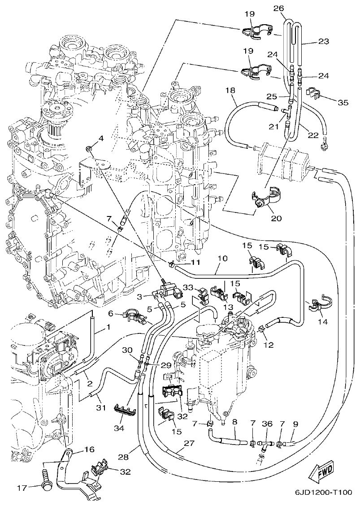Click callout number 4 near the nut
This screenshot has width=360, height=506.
pos(101,138)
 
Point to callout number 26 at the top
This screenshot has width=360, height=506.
pos(278,8)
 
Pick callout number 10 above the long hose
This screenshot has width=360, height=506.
pos(223,259)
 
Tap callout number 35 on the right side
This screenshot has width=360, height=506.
pos(343,103)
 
